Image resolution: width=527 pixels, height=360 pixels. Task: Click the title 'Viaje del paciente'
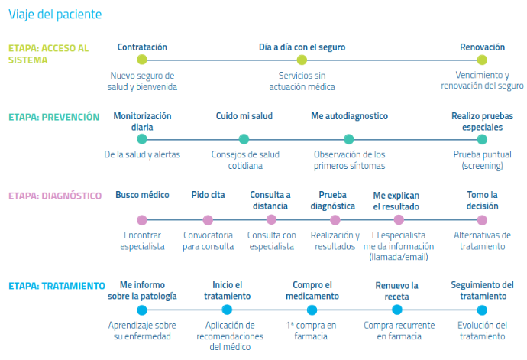click(55, 15)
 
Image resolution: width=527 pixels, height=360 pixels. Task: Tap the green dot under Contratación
click(142, 60)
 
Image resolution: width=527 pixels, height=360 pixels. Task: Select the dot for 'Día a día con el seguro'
click(302, 60)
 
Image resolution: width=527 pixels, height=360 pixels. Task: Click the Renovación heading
click(482, 47)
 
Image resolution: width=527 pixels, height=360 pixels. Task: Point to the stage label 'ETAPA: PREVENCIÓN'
click(53, 117)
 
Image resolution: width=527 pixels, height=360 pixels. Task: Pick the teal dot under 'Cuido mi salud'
click(244, 139)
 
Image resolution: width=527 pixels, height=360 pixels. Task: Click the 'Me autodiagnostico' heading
click(350, 116)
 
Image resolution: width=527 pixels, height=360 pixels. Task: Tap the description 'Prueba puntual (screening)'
click(482, 160)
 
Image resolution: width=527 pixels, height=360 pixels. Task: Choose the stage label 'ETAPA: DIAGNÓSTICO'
click(55, 196)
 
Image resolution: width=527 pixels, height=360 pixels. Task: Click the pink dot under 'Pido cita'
click(208, 220)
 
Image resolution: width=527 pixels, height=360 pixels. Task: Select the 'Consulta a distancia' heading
click(270, 200)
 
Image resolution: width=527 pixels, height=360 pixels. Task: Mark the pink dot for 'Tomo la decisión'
click(482, 220)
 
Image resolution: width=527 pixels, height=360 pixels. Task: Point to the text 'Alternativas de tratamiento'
click(482, 241)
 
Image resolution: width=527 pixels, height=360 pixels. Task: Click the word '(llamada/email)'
click(399, 257)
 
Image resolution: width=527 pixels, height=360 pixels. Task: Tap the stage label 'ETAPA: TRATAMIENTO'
click(57, 286)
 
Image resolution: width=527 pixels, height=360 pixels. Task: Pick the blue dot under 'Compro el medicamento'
click(312, 310)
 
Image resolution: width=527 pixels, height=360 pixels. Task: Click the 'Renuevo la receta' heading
click(397, 291)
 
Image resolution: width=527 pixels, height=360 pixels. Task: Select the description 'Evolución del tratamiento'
click(482, 330)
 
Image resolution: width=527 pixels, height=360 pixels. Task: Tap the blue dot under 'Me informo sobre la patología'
click(142, 310)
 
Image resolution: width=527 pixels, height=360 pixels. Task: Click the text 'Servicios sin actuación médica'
click(302, 81)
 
